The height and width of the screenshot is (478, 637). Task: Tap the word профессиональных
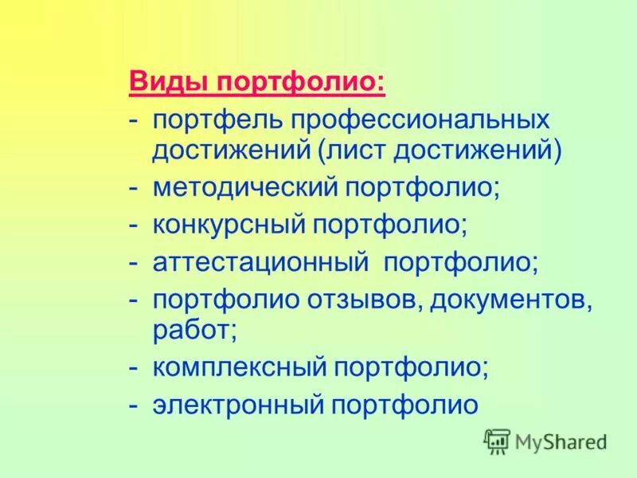pyautogui.click(x=420, y=121)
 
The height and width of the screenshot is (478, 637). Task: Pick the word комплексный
pyautogui.click(x=240, y=366)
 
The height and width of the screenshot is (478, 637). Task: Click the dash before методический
pyautogui.click(x=137, y=190)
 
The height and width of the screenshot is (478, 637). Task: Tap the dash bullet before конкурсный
pyautogui.click(x=137, y=225)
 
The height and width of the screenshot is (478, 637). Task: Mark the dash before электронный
pyautogui.click(x=137, y=405)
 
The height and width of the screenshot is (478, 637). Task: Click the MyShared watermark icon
pyautogui.click(x=497, y=441)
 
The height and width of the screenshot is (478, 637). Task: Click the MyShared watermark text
pyautogui.click(x=561, y=441)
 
